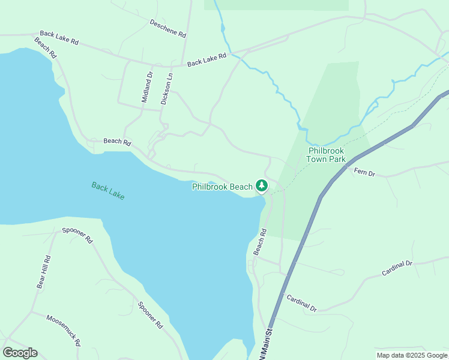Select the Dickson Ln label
(x=167, y=89)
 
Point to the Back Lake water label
(x=108, y=191)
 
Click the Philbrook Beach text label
(x=222, y=187)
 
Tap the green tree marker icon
(x=262, y=186)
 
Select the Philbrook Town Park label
(x=326, y=155)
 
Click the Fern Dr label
(x=364, y=173)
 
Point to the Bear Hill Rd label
(x=43, y=272)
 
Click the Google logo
(x=20, y=353)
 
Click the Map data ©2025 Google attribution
(x=412, y=355)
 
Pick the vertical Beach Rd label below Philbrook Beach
(x=259, y=241)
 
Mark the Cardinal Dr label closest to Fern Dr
(x=397, y=268)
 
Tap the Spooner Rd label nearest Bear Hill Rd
(x=77, y=235)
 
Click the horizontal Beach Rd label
(x=117, y=142)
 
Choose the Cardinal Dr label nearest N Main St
(x=301, y=302)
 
